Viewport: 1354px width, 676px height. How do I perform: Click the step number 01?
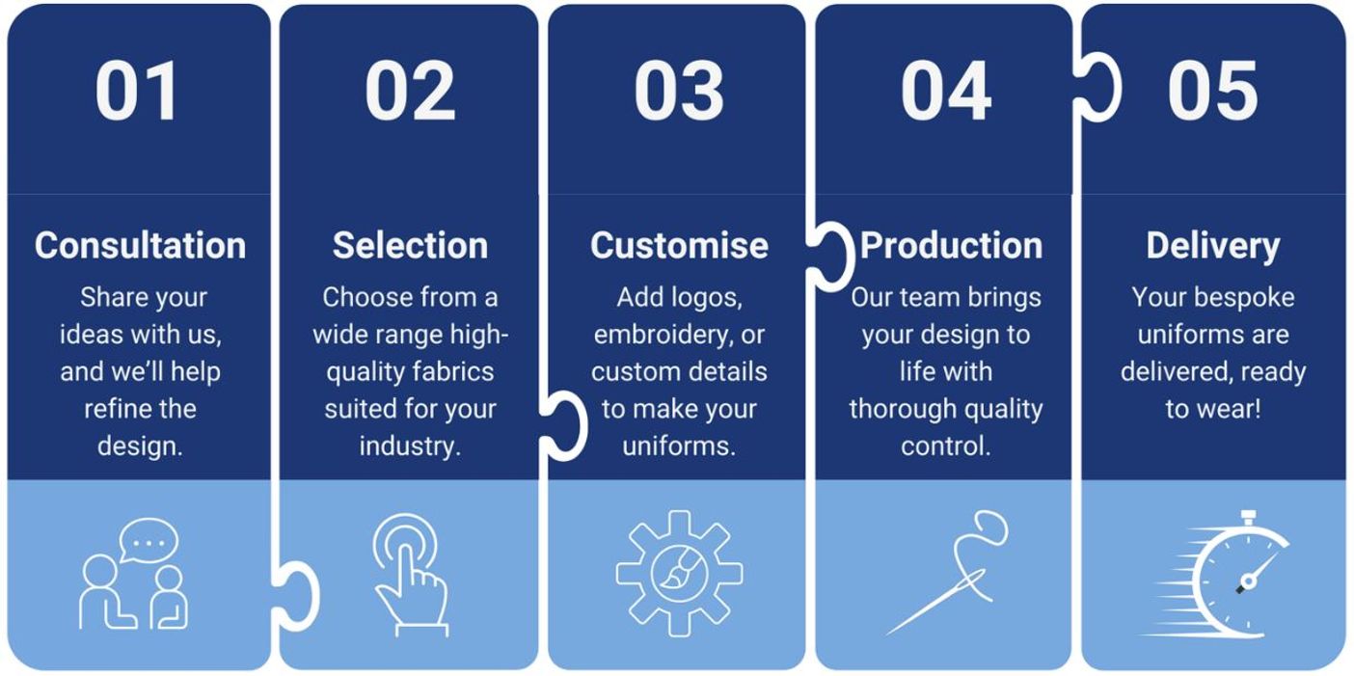(137, 91)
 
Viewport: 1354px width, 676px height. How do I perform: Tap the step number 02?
(410, 91)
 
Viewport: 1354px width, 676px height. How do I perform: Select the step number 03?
(679, 91)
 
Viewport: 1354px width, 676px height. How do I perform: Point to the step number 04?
(946, 91)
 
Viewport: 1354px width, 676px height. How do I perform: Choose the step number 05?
(1212, 91)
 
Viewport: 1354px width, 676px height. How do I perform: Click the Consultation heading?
(140, 246)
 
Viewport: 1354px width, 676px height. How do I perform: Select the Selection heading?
(410, 246)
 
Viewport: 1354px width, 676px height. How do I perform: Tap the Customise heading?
(679, 246)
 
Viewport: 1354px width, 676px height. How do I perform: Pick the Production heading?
(951, 246)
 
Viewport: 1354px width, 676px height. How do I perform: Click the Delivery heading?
(1213, 247)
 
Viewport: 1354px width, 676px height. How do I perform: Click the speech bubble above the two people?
(148, 540)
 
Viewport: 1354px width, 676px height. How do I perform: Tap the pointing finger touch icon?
(410, 575)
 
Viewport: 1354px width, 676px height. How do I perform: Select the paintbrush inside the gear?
(680, 569)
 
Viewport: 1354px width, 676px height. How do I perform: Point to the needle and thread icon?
(947, 573)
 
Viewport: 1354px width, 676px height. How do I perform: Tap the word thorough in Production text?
(893, 410)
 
